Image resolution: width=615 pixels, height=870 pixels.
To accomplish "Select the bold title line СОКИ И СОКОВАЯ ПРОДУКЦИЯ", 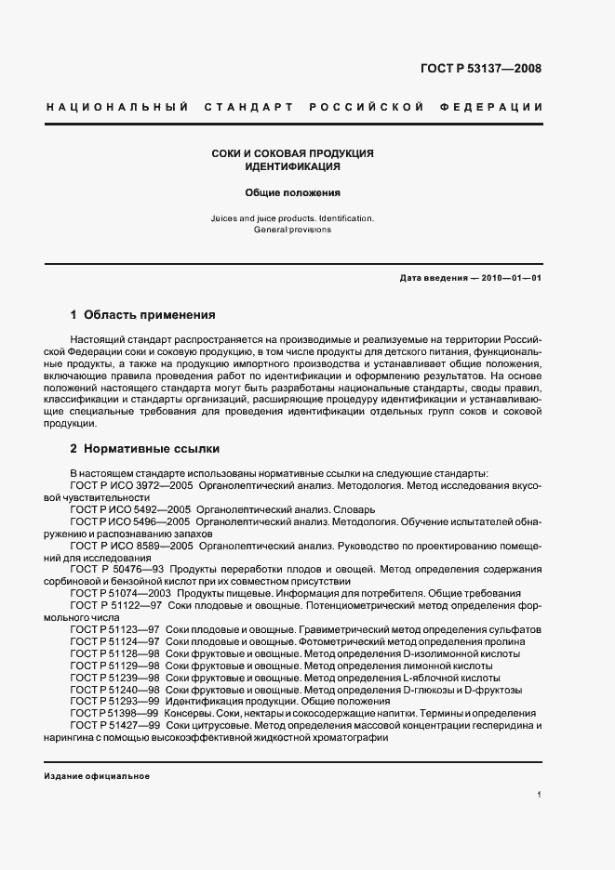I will (292, 152).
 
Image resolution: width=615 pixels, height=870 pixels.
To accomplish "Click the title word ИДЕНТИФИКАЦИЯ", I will (292, 166).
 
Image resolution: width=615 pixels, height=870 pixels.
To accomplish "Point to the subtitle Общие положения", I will (292, 193).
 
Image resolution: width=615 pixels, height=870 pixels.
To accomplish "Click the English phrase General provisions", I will (292, 229).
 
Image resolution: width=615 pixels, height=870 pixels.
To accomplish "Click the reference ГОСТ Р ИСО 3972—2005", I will (130, 485).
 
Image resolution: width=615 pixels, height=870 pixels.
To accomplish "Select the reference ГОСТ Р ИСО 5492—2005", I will (130, 509).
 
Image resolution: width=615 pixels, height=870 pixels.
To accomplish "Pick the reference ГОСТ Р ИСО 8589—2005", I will (130, 546).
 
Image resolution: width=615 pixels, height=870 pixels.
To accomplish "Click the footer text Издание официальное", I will (97, 776).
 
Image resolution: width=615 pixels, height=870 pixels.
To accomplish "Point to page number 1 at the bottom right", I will (540, 795).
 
